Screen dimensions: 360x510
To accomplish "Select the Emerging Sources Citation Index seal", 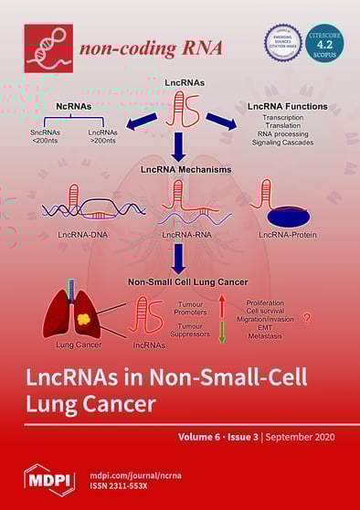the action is coord(283,43).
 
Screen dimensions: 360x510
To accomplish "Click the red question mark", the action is coord(306,320).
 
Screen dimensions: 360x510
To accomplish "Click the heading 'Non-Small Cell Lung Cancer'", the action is coord(180,283).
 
